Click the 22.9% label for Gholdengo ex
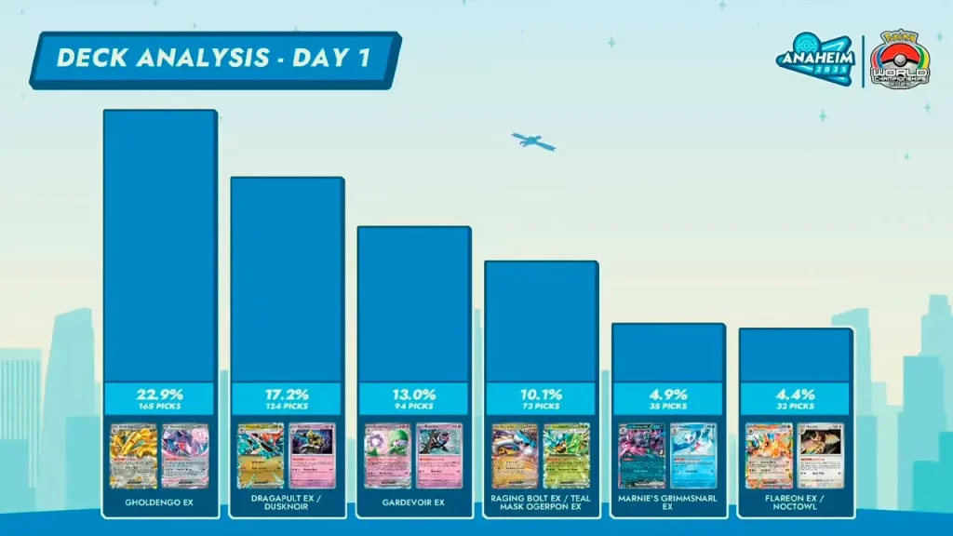pyautogui.click(x=159, y=394)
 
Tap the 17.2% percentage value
pyautogui.click(x=287, y=394)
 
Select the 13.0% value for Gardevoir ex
pyautogui.click(x=413, y=394)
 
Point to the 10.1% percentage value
pyautogui.click(x=541, y=394)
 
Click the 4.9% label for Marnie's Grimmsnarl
pyautogui.click(x=667, y=394)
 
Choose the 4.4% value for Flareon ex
pyautogui.click(x=795, y=394)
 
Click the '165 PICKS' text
pyautogui.click(x=159, y=407)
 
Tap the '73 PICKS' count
pyautogui.click(x=541, y=407)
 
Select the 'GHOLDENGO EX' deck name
pyautogui.click(x=159, y=503)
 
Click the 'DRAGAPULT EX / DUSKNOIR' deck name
pyautogui.click(x=287, y=502)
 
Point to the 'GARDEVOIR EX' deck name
pyautogui.click(x=413, y=503)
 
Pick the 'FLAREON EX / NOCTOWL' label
pyautogui.click(x=795, y=502)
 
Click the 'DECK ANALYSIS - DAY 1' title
pyautogui.click(x=213, y=58)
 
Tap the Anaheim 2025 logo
pyautogui.click(x=815, y=59)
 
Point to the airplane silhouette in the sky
pyautogui.click(x=533, y=142)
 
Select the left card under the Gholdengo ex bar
pyautogui.click(x=134, y=456)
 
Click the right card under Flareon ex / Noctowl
pyautogui.click(x=820, y=456)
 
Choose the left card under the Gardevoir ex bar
pyautogui.click(x=388, y=456)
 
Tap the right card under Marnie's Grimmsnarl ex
pyautogui.click(x=692, y=456)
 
